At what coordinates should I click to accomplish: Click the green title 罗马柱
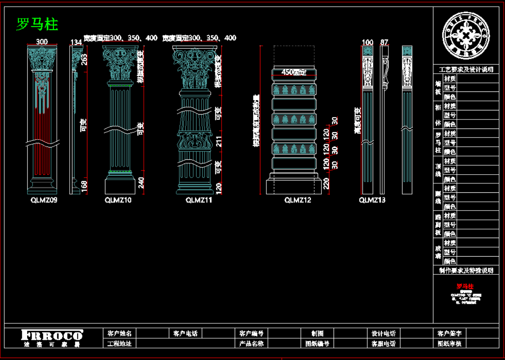point(37,24)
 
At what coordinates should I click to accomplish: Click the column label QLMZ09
point(44,200)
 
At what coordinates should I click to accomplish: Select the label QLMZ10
point(118,200)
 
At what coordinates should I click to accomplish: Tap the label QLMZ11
point(199,200)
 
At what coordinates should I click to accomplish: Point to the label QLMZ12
point(297,200)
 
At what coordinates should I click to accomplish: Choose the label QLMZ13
point(372,200)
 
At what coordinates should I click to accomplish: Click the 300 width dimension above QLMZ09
point(42,42)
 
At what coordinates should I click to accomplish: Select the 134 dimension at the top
point(76,42)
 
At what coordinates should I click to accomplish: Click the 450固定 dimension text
point(294,72)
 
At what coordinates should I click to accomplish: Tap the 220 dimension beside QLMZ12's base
point(326,182)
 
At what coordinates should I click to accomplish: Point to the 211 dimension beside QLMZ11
point(219,142)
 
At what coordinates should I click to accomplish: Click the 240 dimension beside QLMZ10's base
point(141,182)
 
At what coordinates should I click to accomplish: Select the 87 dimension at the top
point(384,42)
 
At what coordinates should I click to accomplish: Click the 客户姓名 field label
point(119,333)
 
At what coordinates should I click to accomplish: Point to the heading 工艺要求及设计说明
point(466,70)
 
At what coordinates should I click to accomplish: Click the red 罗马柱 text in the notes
point(465,286)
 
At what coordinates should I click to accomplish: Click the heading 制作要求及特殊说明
point(466,271)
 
